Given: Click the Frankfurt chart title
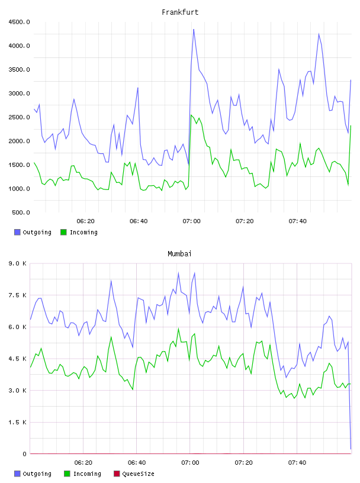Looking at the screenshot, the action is [x=180, y=12].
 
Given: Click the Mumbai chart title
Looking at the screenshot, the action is [x=179, y=254].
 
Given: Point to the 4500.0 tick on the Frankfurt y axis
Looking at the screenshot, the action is [x=19, y=22].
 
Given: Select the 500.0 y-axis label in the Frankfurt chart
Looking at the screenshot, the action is [x=21, y=212].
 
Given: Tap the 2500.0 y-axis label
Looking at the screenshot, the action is [x=19, y=117].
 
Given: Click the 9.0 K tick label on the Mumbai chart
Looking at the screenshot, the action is [x=18, y=263].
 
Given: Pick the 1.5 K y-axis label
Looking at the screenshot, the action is [x=18, y=422].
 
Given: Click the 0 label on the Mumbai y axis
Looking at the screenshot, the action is [x=24, y=454].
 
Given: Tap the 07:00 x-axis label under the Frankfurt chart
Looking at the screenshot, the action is [x=191, y=221].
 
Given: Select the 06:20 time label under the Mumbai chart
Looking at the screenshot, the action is [x=83, y=463].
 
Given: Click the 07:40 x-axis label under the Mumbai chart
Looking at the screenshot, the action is [x=297, y=463].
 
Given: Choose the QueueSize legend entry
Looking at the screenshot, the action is [x=134, y=474].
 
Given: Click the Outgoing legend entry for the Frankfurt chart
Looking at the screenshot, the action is [x=33, y=232].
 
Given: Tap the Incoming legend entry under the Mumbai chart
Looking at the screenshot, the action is [x=83, y=474].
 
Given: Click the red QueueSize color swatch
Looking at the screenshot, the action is [x=117, y=474].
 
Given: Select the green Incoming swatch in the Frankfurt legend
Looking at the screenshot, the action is [x=63, y=232].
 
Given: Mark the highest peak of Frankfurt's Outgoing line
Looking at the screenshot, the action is [x=194, y=29].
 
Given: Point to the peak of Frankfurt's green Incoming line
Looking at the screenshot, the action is [x=191, y=115].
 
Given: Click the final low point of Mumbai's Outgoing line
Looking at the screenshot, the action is [x=351, y=449].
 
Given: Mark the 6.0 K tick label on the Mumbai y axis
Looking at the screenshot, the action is [x=18, y=327].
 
